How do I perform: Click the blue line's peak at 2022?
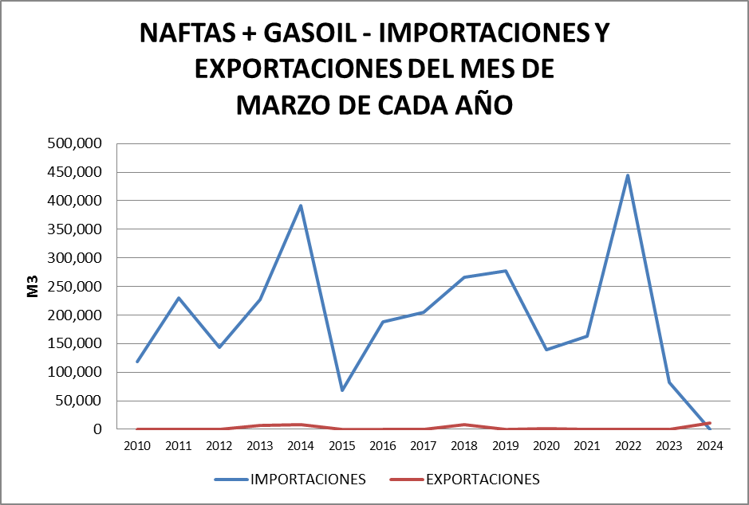coord(628,175)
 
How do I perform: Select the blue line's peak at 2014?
coord(301,206)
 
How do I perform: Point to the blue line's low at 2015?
coord(341,390)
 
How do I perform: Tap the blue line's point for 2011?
coord(179,298)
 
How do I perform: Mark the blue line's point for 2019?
coord(506,271)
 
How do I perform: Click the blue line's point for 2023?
coord(668,382)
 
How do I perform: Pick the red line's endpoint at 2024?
coord(709,423)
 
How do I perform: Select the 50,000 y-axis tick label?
coord(78,401)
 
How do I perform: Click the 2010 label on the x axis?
coord(137,445)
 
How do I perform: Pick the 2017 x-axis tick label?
coord(424,445)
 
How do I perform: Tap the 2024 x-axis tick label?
coord(709,445)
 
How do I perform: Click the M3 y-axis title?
coord(34,287)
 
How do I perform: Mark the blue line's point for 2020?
coord(546,350)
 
